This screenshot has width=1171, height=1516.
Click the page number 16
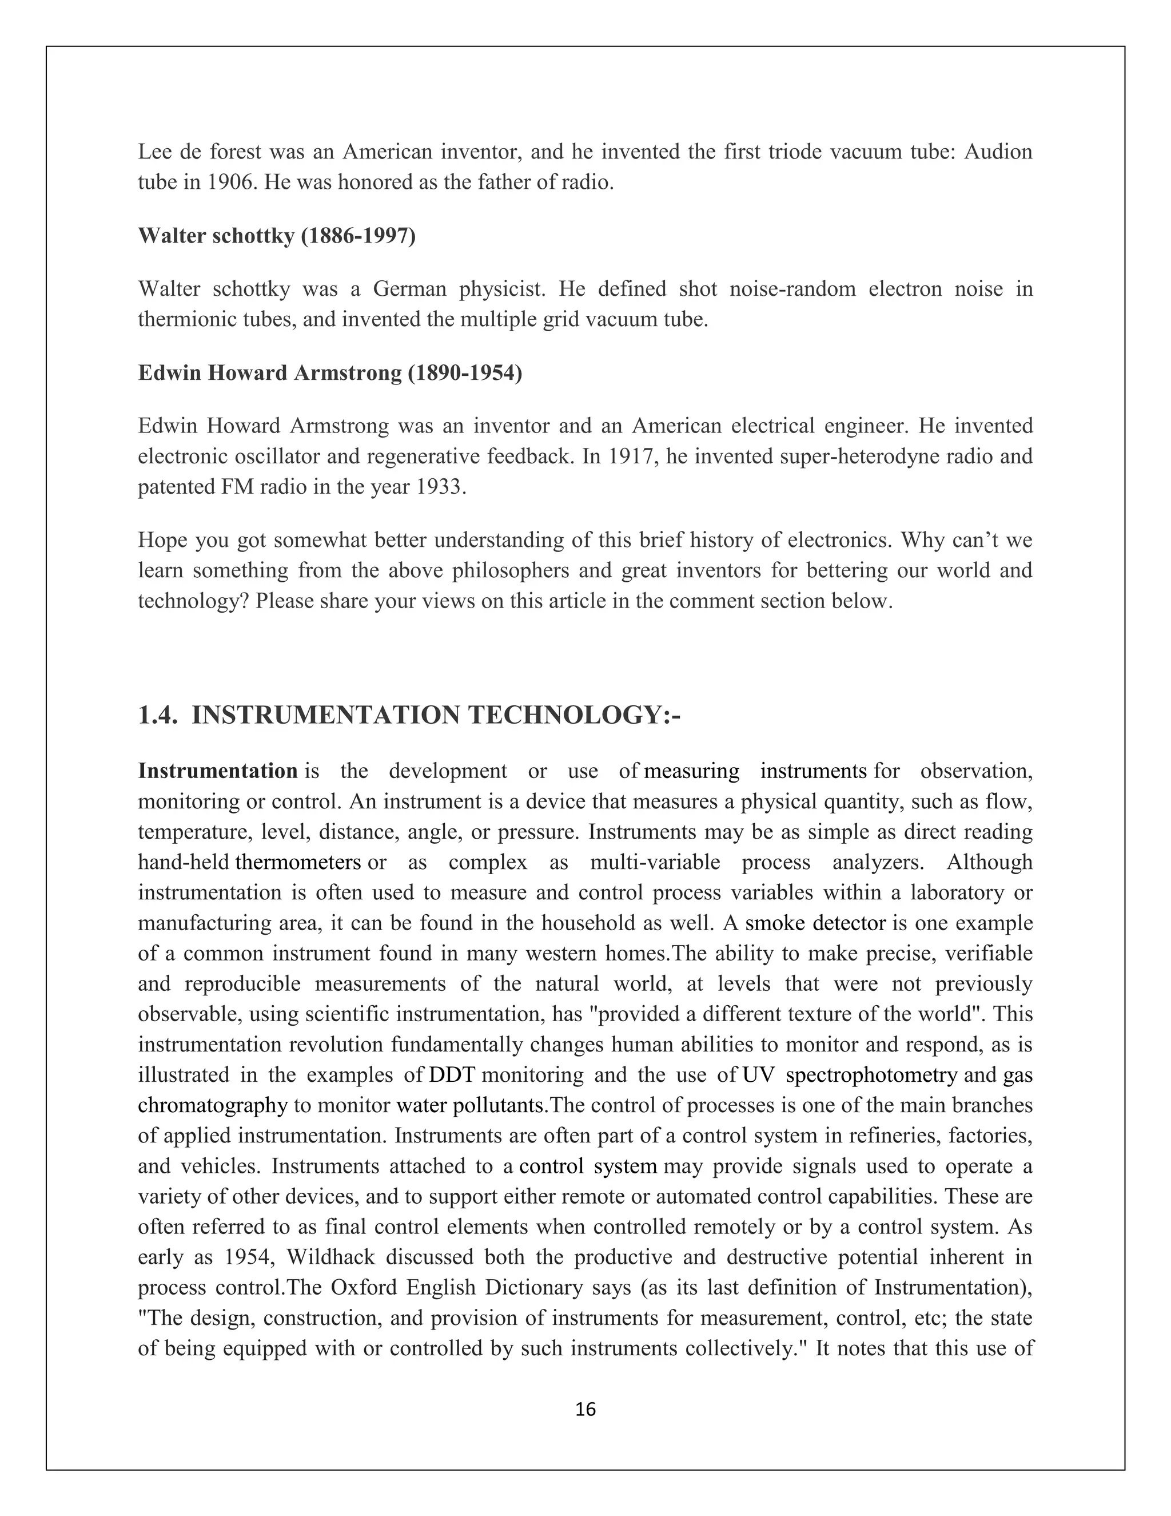click(x=585, y=1409)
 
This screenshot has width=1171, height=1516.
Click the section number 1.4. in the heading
click(x=158, y=715)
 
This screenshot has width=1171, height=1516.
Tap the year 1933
click(x=439, y=487)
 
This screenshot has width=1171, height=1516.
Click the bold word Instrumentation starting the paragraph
click(x=218, y=771)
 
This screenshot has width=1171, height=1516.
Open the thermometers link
click(x=298, y=862)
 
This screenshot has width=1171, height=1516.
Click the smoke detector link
click(x=815, y=923)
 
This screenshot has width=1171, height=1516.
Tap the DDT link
click(x=452, y=1076)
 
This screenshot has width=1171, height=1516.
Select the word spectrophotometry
click(x=871, y=1076)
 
